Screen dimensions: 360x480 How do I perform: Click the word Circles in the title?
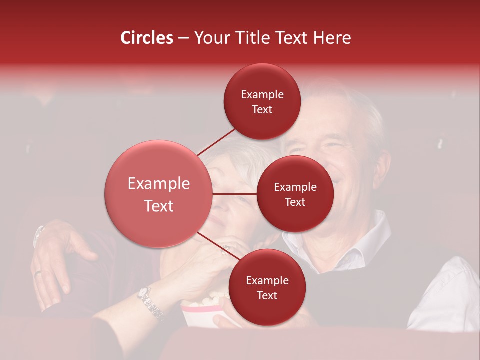pos(147,38)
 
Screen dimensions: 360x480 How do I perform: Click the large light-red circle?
pos(158,194)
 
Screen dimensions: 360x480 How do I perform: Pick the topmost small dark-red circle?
pos(262,101)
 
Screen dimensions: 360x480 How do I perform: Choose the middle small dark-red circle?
pos(295,194)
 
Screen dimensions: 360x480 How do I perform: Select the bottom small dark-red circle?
pos(267,287)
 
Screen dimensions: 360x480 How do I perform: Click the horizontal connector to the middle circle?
pos(234,194)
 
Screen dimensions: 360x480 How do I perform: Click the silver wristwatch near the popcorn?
pos(150,302)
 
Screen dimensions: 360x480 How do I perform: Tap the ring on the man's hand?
pos(38,273)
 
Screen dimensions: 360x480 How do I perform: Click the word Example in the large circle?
pos(158,184)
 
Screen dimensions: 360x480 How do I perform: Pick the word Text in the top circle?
pos(262,110)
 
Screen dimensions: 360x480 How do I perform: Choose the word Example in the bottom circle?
pos(267,280)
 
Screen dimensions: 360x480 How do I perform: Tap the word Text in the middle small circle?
pos(295,202)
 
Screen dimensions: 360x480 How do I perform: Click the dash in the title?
pos(183,38)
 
